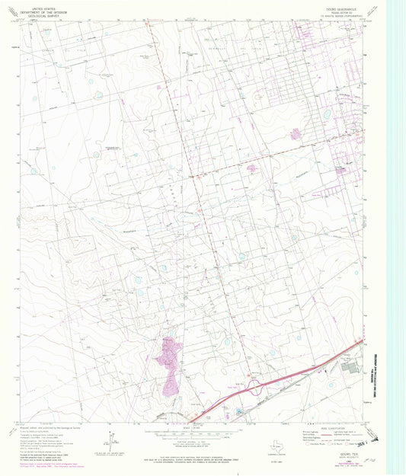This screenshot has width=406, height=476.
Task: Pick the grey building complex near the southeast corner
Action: (x=350, y=368)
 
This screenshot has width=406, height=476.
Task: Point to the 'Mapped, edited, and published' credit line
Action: (x=53, y=428)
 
